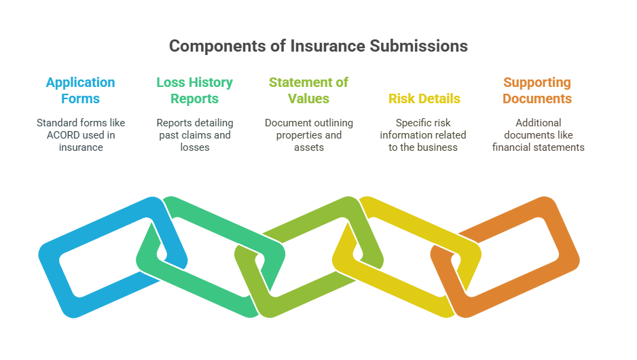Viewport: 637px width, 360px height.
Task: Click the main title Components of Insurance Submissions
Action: point(318,46)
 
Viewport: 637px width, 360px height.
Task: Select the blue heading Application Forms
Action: point(80,90)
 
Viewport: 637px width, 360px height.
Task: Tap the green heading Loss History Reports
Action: point(194,90)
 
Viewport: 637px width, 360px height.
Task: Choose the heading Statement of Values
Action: point(308,90)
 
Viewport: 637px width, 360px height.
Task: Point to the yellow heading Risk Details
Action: point(424,98)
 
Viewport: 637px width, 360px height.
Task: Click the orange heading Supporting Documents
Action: point(537,90)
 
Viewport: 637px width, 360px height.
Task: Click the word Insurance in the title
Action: point(329,46)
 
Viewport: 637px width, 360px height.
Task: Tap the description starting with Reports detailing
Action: point(194,135)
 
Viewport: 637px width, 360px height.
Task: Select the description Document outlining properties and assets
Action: point(308,135)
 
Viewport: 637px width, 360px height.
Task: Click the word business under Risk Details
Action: point(440,147)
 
